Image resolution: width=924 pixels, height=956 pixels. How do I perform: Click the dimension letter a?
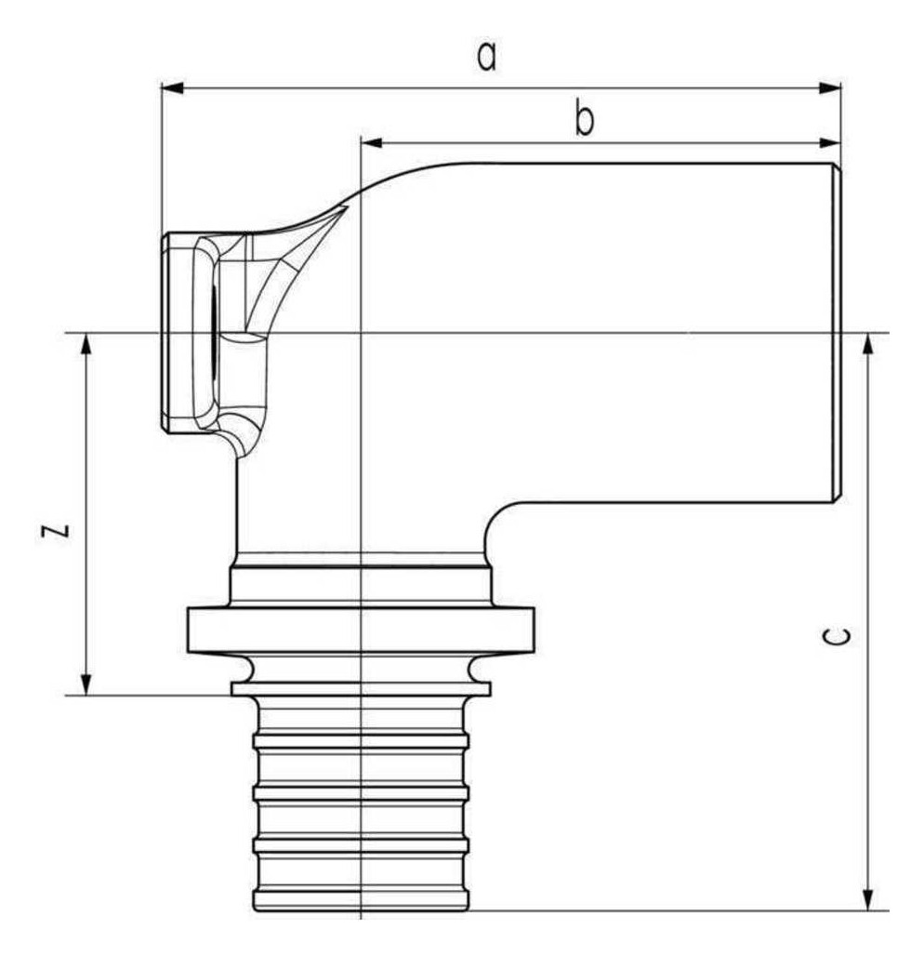(486, 56)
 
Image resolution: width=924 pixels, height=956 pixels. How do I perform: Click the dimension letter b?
(584, 118)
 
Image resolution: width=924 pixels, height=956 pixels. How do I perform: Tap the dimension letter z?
(56, 530)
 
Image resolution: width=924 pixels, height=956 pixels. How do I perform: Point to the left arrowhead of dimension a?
(172, 88)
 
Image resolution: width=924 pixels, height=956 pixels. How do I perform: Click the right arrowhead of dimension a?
(830, 88)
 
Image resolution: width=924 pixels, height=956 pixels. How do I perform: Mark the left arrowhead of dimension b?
(372, 143)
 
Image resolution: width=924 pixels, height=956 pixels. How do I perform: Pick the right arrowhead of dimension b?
(830, 143)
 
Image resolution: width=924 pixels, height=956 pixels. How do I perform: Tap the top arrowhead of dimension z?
(86, 344)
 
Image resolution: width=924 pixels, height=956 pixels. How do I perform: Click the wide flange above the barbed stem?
(361, 631)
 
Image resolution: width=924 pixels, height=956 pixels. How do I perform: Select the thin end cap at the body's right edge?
(838, 333)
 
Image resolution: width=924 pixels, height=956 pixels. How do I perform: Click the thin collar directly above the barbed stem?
(361, 689)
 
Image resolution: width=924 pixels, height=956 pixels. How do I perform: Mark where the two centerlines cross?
(362, 334)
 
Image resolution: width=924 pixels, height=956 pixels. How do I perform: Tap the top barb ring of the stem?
(361, 741)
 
